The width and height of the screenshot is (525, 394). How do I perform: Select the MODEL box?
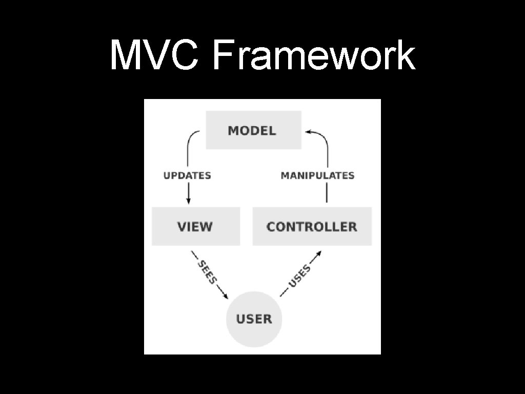coord(253,130)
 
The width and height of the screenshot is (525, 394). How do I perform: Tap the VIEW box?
coord(195,226)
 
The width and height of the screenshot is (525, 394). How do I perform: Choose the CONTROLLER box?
coord(312,226)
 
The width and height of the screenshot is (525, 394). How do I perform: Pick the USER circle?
coord(254,319)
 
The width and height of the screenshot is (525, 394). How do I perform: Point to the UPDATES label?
coord(187,175)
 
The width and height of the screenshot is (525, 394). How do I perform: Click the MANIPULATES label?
coord(317,175)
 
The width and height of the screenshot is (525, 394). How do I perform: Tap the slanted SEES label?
coord(208,272)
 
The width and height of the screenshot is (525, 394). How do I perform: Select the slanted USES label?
coord(300,275)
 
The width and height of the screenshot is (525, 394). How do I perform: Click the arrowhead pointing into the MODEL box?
coord(309,132)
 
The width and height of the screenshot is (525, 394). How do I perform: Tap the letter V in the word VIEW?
coord(181,227)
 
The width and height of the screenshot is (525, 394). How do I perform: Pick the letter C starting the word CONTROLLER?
coord(271,227)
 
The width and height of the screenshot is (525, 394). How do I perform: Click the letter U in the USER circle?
coord(240,319)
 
